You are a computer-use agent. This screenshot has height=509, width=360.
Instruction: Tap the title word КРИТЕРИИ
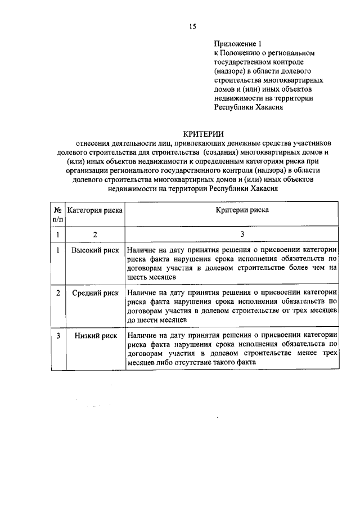tap(204, 133)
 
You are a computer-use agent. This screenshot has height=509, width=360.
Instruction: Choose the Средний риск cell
tap(94, 293)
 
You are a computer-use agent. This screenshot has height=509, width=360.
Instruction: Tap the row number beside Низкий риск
tap(57, 336)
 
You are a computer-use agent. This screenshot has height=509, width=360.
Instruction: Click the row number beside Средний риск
tap(57, 293)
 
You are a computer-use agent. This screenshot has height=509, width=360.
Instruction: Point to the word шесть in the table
tap(137, 277)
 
